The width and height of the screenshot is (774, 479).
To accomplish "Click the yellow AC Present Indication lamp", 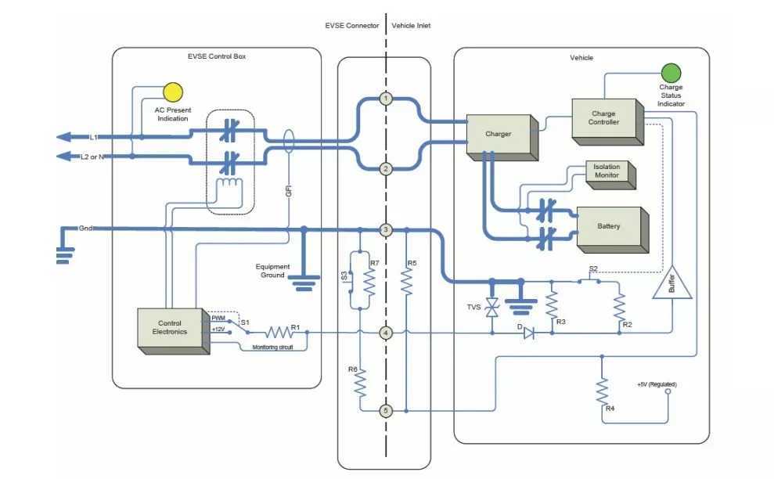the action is point(173,92).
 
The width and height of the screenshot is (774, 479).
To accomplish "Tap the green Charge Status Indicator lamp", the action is point(671,73).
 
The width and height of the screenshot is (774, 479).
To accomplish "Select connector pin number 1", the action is point(386,99).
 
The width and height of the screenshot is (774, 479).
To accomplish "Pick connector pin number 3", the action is point(386,229).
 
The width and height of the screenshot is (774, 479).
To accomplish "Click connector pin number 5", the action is point(386,411).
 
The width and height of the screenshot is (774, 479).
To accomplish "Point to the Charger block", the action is point(502,137).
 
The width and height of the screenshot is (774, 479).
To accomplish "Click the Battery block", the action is point(612,229).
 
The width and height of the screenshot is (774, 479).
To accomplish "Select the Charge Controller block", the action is point(607,121).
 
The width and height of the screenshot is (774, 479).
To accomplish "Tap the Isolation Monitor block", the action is point(610,175).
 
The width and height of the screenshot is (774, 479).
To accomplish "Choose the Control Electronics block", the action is point(173,331).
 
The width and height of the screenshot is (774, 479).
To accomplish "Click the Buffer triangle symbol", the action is point(671,283).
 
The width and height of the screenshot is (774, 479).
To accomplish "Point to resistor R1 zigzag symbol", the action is point(280,333).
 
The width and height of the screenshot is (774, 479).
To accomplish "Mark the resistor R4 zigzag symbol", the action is point(602,391).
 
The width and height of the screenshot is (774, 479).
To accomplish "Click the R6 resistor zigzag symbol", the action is point(360,383).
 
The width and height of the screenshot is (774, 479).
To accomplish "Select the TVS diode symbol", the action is point(491,308).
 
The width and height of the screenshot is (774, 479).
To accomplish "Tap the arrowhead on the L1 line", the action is point(63,137).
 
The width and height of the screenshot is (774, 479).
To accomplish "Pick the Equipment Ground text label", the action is point(272,271).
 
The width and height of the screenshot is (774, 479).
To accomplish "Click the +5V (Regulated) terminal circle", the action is point(668,391).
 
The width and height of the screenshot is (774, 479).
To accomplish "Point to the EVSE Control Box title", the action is point(217,56).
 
